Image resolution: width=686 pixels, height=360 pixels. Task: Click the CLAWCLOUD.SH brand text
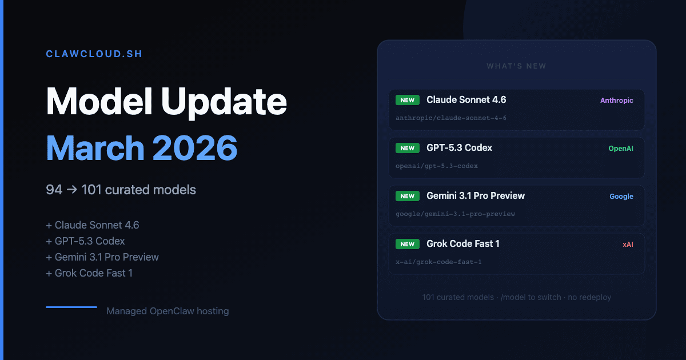point(94,54)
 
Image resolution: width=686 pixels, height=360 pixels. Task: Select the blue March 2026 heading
point(142,147)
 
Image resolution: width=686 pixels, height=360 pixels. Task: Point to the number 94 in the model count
point(54,190)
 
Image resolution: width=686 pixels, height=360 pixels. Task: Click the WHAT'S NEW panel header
point(516,66)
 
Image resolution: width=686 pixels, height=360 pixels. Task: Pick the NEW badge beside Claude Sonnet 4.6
point(408,100)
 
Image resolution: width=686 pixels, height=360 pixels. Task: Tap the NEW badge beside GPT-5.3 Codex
point(408,148)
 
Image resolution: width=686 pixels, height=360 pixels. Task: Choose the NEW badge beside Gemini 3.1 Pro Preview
point(408,196)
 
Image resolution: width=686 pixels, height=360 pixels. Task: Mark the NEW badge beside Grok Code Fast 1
point(408,244)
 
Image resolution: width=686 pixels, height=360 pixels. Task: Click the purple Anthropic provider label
point(616,101)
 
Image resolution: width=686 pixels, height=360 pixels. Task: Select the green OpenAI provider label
point(620,149)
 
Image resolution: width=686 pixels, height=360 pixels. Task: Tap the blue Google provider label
point(621,197)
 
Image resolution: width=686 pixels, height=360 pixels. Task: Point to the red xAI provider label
point(628,245)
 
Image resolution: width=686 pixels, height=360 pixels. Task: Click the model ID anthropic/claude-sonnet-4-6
point(451,118)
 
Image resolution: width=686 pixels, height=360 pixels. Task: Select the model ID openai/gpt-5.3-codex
point(437,166)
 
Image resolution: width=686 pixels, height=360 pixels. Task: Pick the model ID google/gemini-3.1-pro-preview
point(455,214)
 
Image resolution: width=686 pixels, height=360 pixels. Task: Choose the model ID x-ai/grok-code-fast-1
point(438,262)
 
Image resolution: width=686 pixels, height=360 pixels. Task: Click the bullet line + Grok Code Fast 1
point(89,273)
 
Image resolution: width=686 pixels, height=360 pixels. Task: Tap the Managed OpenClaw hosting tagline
point(167,311)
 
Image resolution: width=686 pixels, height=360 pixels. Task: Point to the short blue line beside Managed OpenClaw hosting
point(71,307)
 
